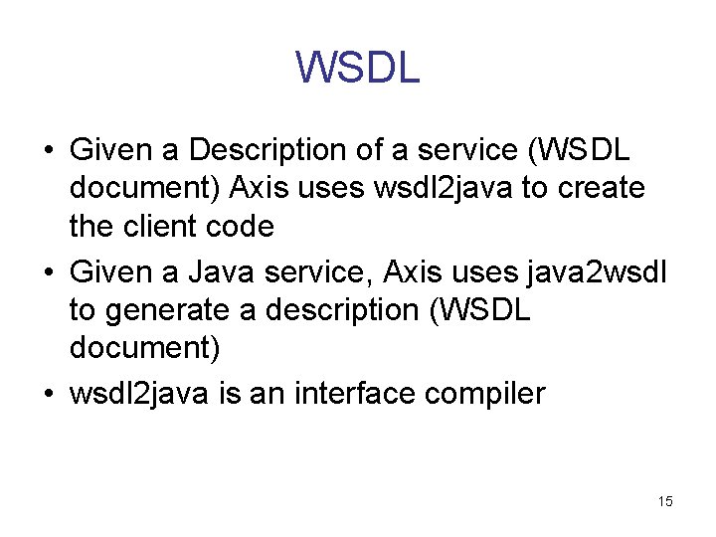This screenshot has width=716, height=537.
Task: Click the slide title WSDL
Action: click(x=358, y=68)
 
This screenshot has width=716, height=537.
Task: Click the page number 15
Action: click(x=665, y=501)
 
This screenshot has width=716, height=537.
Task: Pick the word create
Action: click(x=605, y=188)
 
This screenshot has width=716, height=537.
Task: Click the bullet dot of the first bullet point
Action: click(x=49, y=151)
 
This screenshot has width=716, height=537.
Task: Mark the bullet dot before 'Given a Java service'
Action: click(x=49, y=270)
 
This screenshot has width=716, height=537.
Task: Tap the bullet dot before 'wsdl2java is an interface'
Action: click(x=49, y=395)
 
